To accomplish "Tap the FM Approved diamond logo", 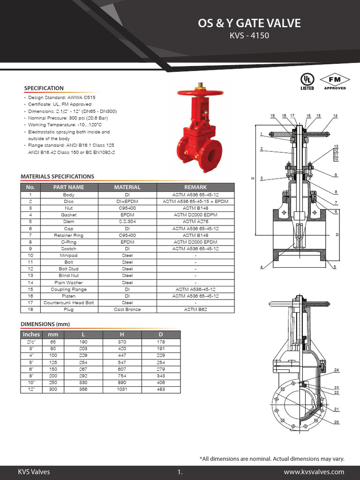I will click(x=335, y=81).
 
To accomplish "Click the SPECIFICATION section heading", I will click(x=44, y=88).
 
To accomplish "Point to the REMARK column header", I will click(x=195, y=187).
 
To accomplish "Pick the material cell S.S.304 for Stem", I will click(x=127, y=221).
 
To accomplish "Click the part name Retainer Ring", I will click(x=68, y=235).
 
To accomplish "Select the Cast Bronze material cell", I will click(x=127, y=309).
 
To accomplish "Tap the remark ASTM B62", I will click(x=195, y=309).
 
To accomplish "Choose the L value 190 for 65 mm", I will click(x=83, y=342).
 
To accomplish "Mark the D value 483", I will click(x=161, y=389).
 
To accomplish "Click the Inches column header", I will click(x=31, y=334).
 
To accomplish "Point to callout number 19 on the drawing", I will click(x=272, y=115).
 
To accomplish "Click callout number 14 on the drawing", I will click(x=335, y=115).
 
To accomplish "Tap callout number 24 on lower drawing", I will click(x=337, y=370).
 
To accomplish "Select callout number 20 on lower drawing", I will click(x=337, y=422).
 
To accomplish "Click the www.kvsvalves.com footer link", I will click(x=314, y=472).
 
